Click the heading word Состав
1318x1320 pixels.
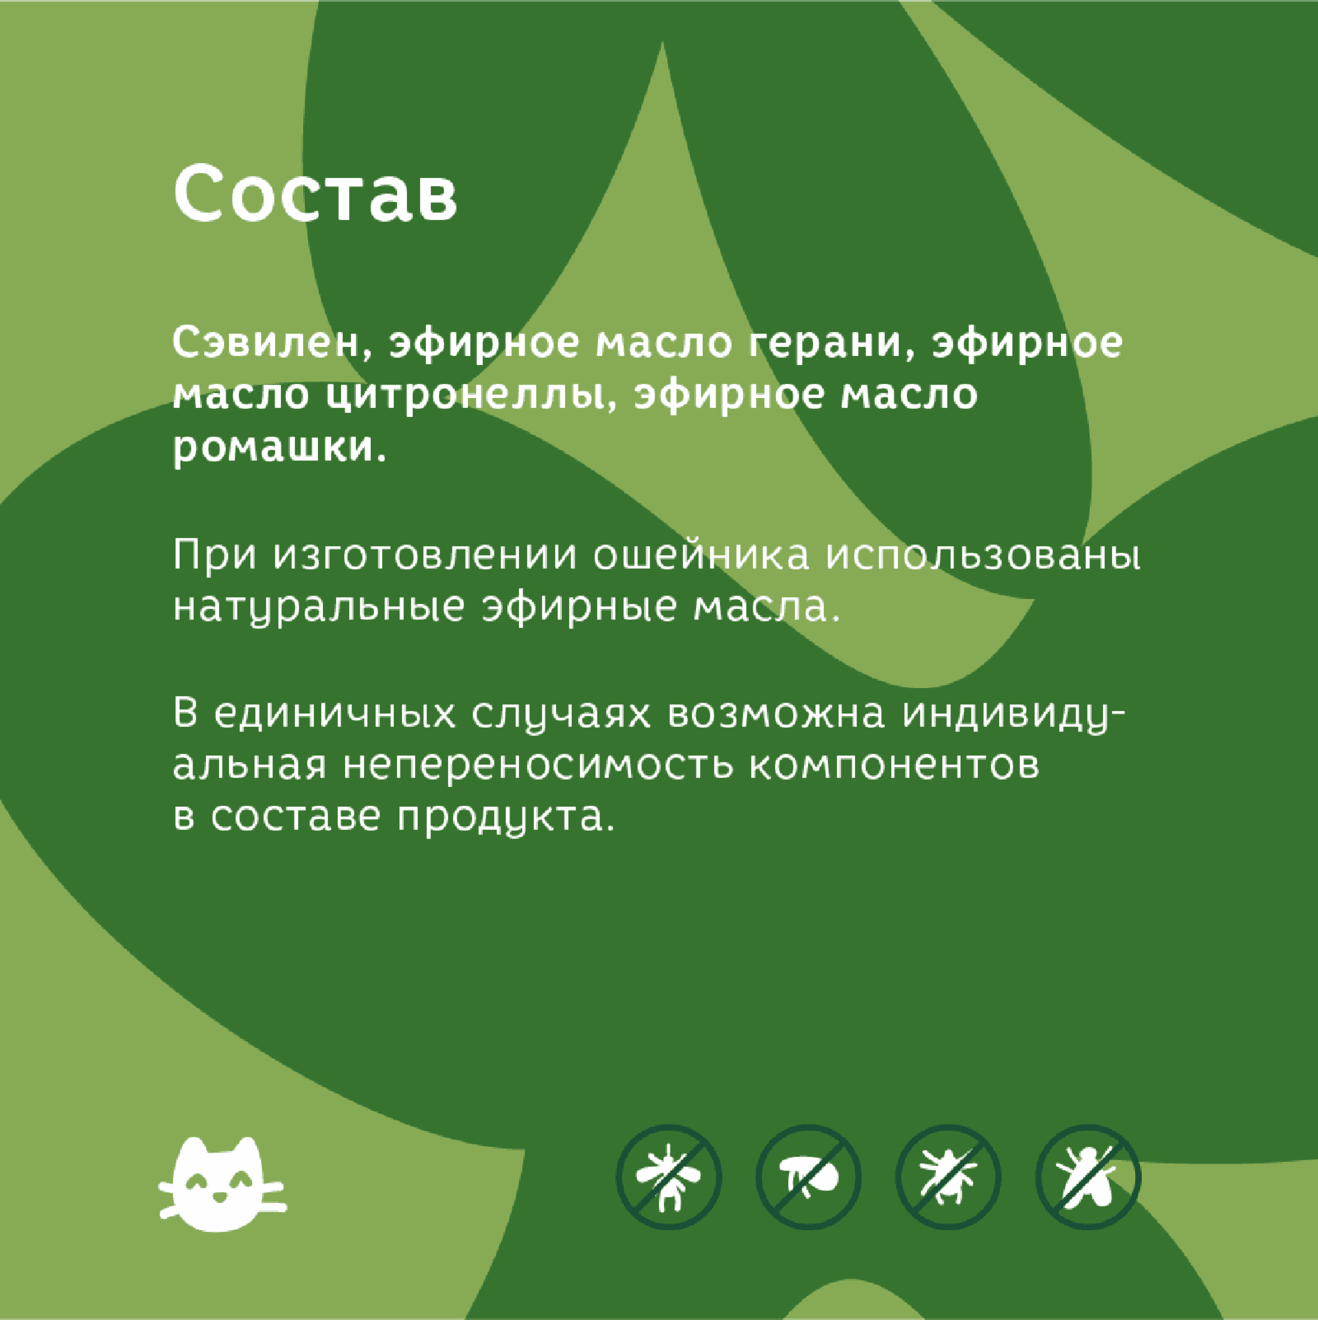click(x=315, y=193)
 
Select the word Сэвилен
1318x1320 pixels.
click(x=268, y=343)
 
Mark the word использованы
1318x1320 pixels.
click(x=984, y=555)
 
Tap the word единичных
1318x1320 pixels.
click(x=335, y=714)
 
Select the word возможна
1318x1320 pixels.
click(x=776, y=714)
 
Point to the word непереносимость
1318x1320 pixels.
click(x=537, y=765)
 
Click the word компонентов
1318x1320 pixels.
click(x=894, y=765)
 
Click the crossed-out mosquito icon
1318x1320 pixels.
click(x=669, y=1177)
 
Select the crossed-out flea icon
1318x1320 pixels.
click(x=808, y=1177)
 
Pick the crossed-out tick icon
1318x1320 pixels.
click(x=948, y=1177)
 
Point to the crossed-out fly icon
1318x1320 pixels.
click(x=1088, y=1177)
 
